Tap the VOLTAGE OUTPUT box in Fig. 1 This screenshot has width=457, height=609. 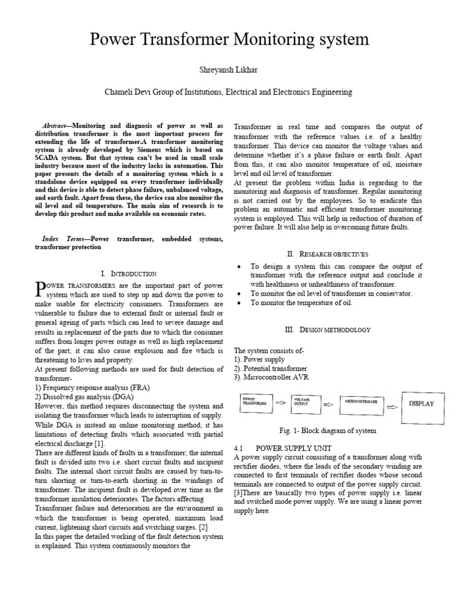(x=305, y=403)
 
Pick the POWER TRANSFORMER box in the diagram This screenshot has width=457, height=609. (x=256, y=403)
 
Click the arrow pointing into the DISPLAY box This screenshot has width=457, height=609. (x=392, y=407)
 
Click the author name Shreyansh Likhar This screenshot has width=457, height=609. (x=228, y=70)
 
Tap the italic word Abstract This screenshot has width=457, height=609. (x=54, y=127)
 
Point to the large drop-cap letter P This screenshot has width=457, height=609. (x=40, y=289)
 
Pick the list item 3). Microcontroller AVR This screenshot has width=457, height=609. (x=271, y=377)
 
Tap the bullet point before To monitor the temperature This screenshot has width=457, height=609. (x=239, y=303)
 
